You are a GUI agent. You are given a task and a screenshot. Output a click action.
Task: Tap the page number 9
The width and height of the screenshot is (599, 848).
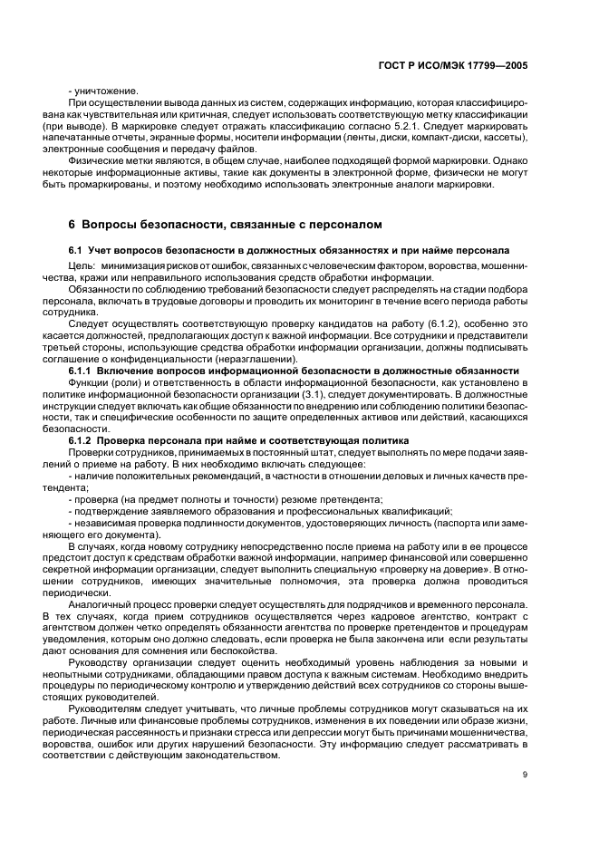(525, 774)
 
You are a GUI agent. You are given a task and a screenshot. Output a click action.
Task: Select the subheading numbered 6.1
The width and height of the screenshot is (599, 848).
(288, 249)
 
